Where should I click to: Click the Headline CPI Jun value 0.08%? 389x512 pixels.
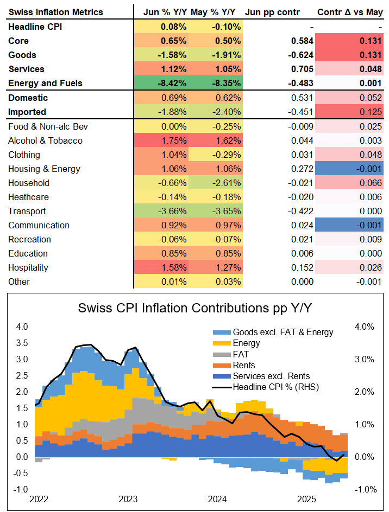pos(174,27)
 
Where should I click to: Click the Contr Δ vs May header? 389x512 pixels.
pos(350,11)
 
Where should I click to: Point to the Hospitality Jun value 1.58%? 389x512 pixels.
pos(174,267)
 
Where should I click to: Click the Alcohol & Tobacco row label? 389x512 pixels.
pos(46,140)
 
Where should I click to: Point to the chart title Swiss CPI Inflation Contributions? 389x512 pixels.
pos(195,309)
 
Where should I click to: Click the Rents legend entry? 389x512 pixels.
pos(244,365)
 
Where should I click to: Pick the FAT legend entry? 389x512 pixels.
pos(241,354)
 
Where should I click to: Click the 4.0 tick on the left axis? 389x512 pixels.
pos(22,327)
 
